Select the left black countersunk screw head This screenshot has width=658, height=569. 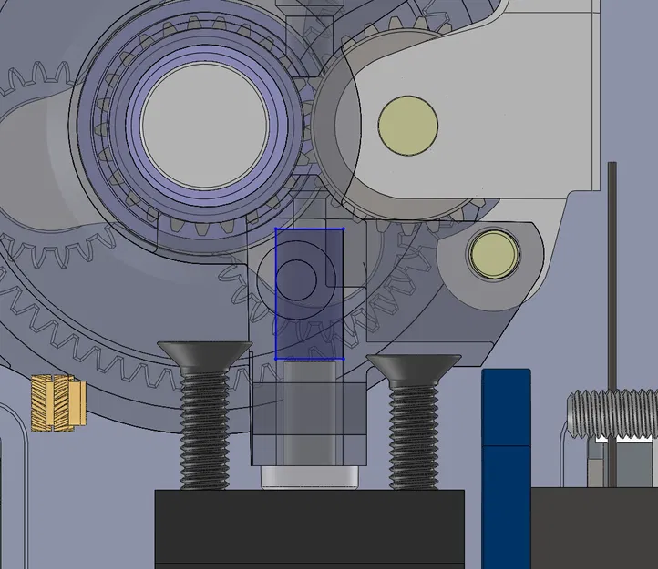coord(204,351)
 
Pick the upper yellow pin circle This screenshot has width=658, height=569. coord(408,124)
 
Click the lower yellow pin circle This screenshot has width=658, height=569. coord(493,255)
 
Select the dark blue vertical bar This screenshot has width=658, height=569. coord(506,464)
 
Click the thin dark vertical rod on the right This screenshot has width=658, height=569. coord(612,273)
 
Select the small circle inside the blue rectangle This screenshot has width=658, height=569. coord(296,279)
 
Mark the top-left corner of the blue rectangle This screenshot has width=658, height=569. coord(276,229)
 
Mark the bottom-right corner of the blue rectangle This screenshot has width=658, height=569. coord(343,359)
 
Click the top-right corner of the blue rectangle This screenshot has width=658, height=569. coord(343,229)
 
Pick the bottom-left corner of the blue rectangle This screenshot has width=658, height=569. coord(276,359)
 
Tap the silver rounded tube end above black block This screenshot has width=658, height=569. coord(307,477)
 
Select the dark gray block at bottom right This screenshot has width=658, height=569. coord(593,528)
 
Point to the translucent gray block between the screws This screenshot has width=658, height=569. coord(307,414)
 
